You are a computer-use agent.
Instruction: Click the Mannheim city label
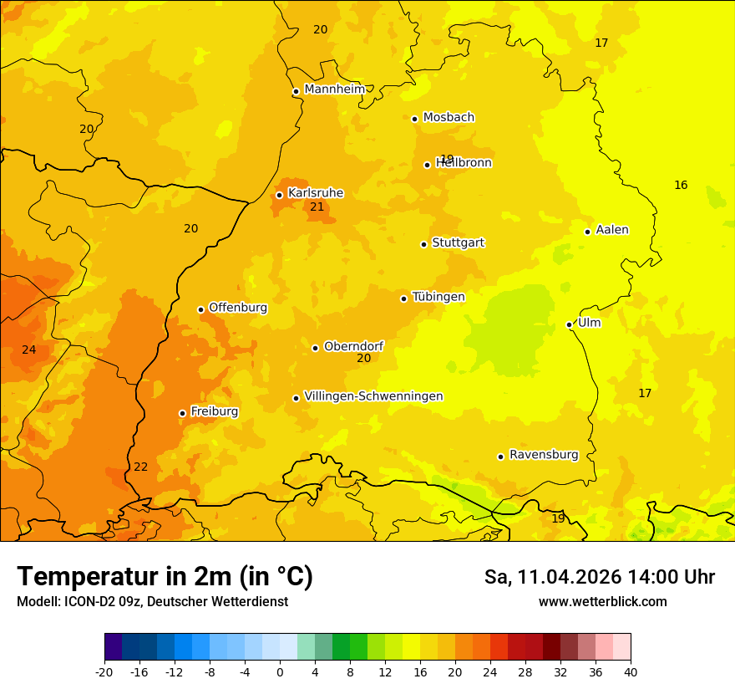pos(334,89)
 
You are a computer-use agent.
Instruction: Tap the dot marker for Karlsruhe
pos(279,195)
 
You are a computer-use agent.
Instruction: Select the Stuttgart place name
pos(458,242)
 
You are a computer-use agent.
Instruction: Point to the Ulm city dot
pos(569,324)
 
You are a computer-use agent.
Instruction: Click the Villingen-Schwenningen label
pos(373,396)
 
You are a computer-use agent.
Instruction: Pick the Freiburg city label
pos(214,411)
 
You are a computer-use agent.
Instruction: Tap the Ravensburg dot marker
pos(500,457)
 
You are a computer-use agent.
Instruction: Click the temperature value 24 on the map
pos(29,350)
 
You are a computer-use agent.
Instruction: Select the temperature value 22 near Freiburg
pos(140,467)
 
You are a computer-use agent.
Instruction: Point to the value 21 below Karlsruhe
pos(317,207)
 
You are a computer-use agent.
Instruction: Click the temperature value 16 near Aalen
pos(681,185)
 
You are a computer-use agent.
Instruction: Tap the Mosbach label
pos(449,117)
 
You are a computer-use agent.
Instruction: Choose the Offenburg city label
pos(238,308)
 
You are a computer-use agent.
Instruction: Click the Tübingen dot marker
pos(403,299)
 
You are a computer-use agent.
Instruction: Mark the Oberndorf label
pos(353,346)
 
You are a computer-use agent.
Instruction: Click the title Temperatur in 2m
pos(165,576)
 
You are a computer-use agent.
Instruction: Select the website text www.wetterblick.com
pos(602,601)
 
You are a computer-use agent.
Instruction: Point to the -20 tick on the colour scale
pos(104,671)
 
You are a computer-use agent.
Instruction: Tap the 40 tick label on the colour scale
pos(630,671)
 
